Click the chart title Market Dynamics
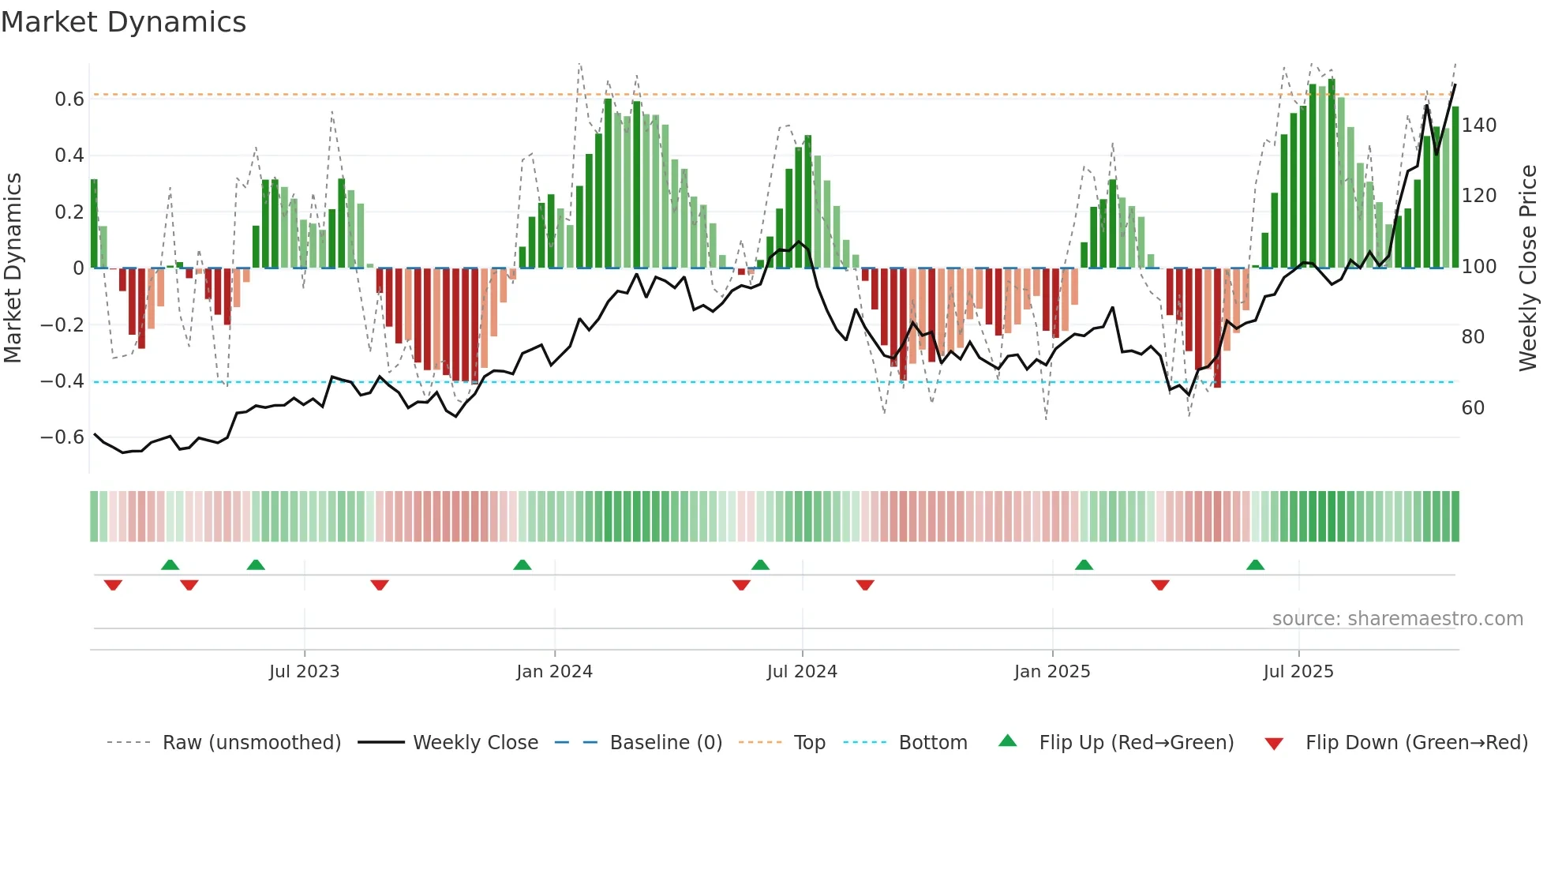[124, 22]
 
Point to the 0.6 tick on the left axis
[69, 99]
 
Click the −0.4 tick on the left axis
[62, 381]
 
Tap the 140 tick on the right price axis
[1478, 126]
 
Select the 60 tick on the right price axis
[1473, 408]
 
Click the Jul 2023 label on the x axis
[304, 672]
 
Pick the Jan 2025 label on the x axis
[1051, 672]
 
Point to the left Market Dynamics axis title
[13, 268]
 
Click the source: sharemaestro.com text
[1397, 619]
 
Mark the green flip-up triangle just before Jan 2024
[522, 565]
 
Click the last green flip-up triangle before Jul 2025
[1255, 565]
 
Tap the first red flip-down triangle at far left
[113, 585]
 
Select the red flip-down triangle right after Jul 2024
[865, 585]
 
